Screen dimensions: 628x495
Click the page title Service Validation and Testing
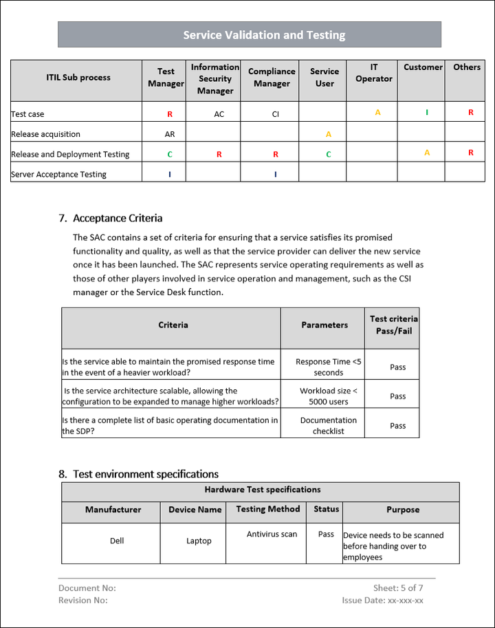[264, 35]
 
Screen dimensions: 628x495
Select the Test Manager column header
[166, 78]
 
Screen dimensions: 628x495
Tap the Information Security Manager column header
[215, 78]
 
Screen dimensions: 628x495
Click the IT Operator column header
[374, 73]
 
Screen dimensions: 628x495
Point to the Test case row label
[28, 114]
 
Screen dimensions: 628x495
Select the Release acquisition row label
[46, 134]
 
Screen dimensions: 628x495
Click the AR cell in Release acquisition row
[170, 134]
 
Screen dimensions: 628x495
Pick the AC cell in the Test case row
[219, 114]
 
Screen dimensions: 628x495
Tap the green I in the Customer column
[427, 112]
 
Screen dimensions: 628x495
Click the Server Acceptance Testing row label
[59, 174]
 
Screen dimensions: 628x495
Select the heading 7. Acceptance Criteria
[111, 218]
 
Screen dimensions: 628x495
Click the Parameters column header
[324, 325]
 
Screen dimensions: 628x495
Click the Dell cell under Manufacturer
[117, 541]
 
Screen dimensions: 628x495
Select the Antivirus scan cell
[272, 534]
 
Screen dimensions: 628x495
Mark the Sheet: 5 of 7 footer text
[398, 588]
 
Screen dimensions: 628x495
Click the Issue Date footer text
[382, 600]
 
